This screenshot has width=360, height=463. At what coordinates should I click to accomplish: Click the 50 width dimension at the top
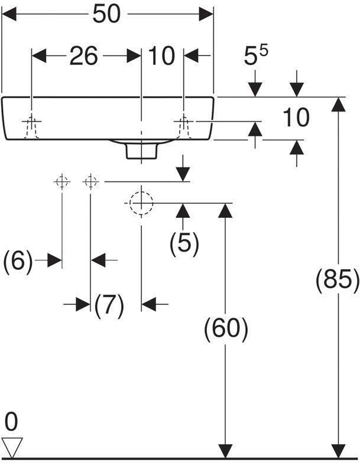pos(106,14)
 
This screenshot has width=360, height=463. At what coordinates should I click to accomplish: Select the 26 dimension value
pos(84,56)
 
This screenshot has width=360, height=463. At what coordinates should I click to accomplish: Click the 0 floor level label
pos(11,422)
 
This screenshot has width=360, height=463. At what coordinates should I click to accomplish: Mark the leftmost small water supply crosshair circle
pos(62,182)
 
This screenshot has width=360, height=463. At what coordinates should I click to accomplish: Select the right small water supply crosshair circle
pos(91,182)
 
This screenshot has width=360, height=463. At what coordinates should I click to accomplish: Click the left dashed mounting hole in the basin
pos(32,127)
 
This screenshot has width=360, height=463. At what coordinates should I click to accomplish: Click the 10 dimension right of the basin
pos(296,118)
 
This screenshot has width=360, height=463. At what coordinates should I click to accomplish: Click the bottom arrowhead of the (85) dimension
pos(338,451)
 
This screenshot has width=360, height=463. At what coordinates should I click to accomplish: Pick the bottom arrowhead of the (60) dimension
pos(226,451)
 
